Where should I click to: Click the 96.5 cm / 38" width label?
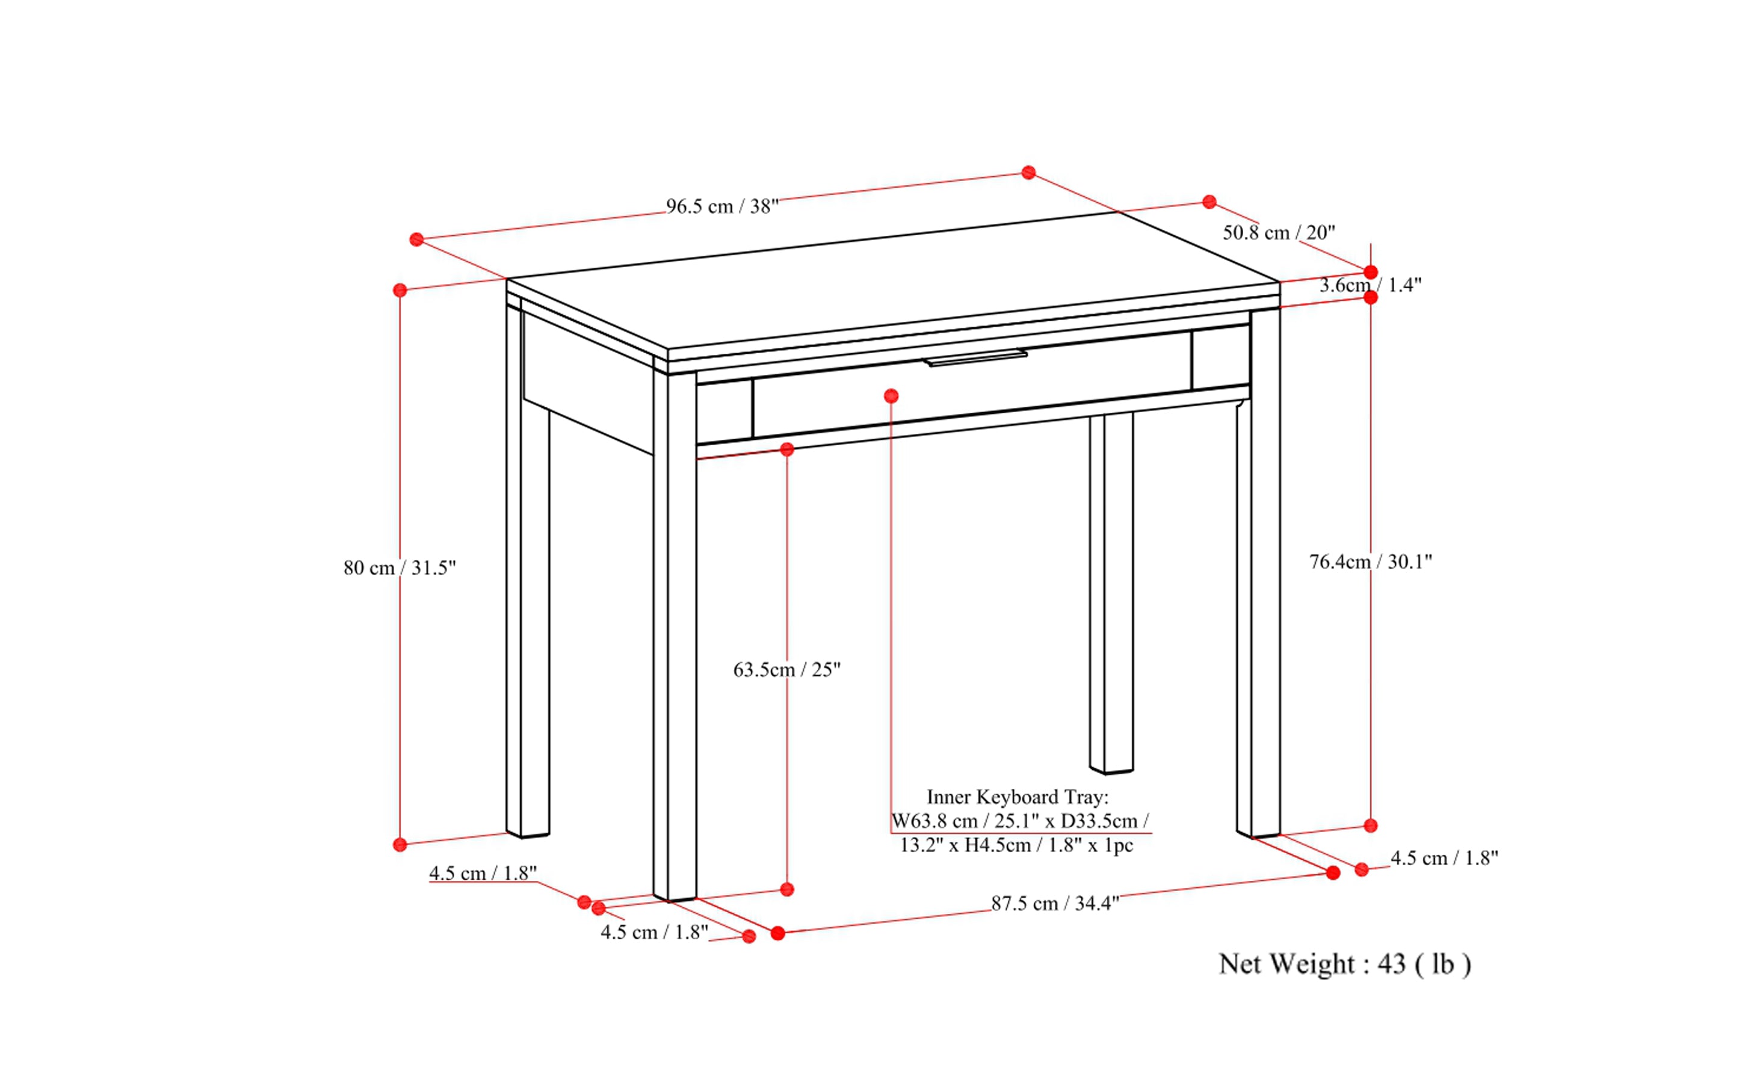tap(722, 207)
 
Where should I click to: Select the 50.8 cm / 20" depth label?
tap(1279, 233)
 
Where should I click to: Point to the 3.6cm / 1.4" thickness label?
tap(1370, 285)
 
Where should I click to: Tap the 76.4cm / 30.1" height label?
tap(1370, 562)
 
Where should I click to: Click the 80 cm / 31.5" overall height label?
tap(399, 569)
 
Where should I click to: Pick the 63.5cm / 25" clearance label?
tap(786, 670)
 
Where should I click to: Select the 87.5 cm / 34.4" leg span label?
tap(1055, 903)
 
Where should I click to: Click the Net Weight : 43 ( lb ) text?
tap(1344, 964)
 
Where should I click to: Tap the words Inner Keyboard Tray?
tap(1016, 797)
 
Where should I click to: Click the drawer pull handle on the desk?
tap(976, 358)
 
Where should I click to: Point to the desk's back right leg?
tap(1111, 591)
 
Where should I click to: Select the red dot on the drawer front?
tap(891, 396)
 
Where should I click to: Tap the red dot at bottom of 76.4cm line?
tap(1371, 825)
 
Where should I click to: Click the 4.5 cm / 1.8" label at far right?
tap(1444, 859)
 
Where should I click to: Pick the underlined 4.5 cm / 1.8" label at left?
tap(483, 874)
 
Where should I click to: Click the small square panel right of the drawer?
tap(1220, 357)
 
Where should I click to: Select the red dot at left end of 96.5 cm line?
tap(416, 239)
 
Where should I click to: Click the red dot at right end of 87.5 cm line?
tap(1333, 873)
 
